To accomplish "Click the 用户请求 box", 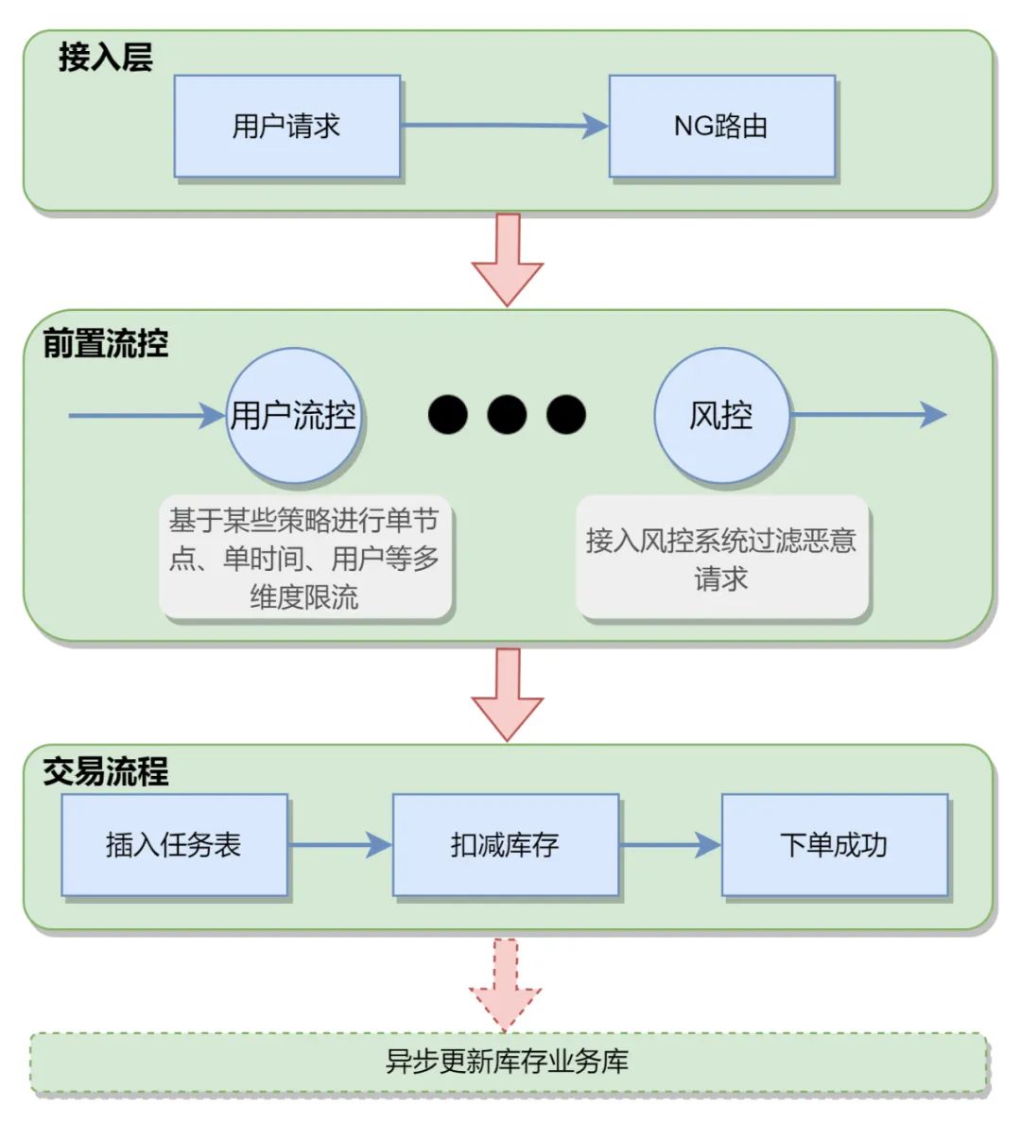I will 286,127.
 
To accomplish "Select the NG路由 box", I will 721,127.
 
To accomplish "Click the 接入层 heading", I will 105,57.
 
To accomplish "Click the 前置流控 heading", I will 105,343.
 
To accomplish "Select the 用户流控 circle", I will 293,416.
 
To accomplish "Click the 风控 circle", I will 721,416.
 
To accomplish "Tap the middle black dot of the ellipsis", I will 507,414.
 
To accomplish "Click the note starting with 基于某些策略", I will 304,558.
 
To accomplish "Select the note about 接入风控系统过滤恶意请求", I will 721,558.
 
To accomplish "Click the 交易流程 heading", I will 105,771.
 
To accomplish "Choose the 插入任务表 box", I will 174,844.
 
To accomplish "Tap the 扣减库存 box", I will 505,844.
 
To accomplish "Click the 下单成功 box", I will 834,844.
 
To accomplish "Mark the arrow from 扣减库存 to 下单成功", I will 669,844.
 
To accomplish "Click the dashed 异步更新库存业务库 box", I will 508,1062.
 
